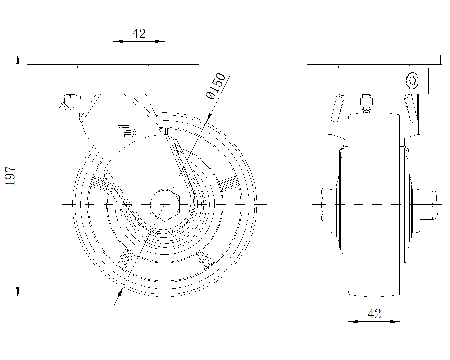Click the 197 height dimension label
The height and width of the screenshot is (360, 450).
10,176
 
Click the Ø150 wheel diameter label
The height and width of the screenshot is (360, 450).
216,86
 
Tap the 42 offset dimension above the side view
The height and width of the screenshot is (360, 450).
139,34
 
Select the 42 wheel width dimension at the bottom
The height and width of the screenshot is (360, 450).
374,314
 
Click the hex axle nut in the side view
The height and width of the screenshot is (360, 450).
165,204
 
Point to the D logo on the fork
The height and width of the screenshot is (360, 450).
127,133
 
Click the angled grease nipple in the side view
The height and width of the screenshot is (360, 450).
64,107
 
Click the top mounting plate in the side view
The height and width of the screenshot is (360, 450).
113,60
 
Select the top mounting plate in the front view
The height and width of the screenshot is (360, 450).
374,60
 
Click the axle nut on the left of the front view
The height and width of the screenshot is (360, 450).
325,204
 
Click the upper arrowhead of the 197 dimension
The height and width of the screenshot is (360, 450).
18,59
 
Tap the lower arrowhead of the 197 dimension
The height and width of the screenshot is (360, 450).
18,292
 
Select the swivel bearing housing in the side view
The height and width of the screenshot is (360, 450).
113,81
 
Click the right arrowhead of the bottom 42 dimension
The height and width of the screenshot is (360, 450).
395,321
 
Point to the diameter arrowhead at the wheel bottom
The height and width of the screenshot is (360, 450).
120,292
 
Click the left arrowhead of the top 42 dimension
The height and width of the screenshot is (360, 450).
118,42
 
